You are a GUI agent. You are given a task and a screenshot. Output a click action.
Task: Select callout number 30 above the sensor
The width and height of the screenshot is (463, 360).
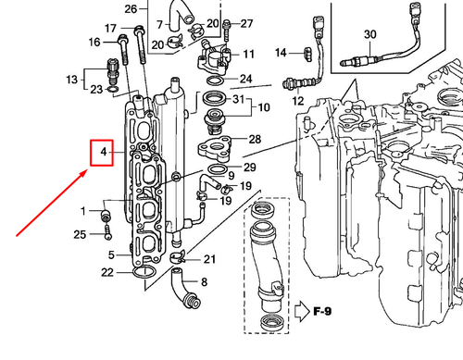(x=369, y=34)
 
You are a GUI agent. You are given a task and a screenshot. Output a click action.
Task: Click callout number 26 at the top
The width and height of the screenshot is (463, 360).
(x=131, y=8)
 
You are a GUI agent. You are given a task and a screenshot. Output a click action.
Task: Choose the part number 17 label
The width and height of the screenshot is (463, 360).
(x=111, y=28)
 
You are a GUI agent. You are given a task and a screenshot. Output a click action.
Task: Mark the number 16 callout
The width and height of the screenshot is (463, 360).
(x=94, y=43)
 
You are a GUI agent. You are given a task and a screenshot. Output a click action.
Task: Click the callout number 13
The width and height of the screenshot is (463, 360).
(x=74, y=80)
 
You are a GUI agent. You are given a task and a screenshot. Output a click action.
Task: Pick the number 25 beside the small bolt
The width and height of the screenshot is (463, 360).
(x=80, y=234)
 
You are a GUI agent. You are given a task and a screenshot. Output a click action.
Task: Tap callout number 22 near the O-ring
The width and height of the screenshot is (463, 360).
(x=108, y=272)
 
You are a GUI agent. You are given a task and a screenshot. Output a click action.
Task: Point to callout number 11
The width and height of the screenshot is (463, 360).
(x=248, y=55)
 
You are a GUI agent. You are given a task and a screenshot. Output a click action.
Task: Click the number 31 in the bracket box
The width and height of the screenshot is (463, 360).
(x=239, y=100)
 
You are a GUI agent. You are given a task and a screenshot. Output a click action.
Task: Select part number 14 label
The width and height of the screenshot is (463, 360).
(x=282, y=51)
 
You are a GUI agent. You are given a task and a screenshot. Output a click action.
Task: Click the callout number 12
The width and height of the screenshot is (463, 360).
(x=298, y=99)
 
